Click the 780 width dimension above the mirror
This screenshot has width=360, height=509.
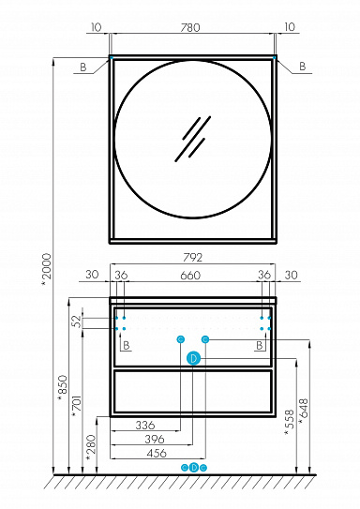pyautogui.click(x=190, y=27)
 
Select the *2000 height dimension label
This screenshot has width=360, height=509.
pyautogui.click(x=47, y=270)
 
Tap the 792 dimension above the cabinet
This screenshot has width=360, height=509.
pyautogui.click(x=192, y=258)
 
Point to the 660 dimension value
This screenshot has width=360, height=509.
pyautogui.click(x=190, y=276)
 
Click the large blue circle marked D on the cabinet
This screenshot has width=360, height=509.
pyautogui.click(x=193, y=358)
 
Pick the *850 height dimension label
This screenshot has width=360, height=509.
pyautogui.click(x=62, y=389)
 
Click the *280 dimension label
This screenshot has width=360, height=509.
pyautogui.click(x=91, y=448)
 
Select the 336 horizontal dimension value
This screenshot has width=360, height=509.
pyautogui.click(x=145, y=425)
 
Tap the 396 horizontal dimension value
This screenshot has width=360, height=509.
pyautogui.click(x=155, y=439)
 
